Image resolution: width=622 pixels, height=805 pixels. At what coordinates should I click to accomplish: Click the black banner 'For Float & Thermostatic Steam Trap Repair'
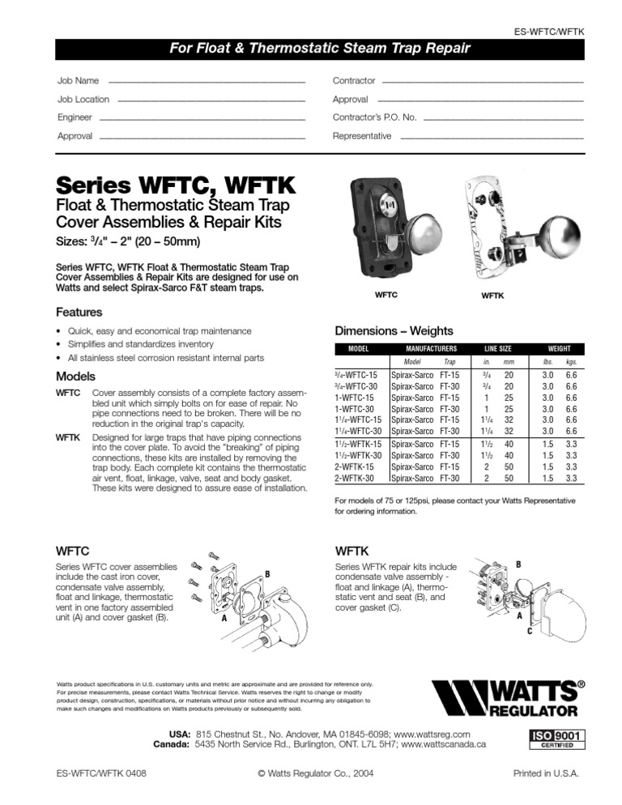tap(319, 49)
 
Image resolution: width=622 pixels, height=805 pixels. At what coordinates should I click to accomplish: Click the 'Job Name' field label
tap(79, 81)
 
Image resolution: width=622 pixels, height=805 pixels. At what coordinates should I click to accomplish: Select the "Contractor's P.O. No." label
tap(375, 117)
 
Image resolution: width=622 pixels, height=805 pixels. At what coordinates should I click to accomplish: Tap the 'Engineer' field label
tap(75, 117)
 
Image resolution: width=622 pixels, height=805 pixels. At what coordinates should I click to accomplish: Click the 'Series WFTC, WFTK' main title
tap(175, 186)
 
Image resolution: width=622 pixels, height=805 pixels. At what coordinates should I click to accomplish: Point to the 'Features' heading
tap(79, 312)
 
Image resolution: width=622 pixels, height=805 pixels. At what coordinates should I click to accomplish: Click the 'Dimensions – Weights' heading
tap(394, 330)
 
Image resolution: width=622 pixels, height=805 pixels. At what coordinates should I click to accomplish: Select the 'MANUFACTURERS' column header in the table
tap(428, 348)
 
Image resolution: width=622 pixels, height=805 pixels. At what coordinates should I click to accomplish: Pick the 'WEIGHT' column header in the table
tap(559, 348)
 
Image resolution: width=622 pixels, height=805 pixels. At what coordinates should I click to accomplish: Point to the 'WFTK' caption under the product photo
tap(492, 296)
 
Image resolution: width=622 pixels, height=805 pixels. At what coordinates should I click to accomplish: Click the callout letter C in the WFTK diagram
tap(529, 631)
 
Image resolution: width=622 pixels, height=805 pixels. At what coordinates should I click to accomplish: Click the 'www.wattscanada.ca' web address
tap(443, 743)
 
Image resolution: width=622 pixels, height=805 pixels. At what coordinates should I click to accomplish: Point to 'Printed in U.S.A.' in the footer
tap(546, 773)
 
